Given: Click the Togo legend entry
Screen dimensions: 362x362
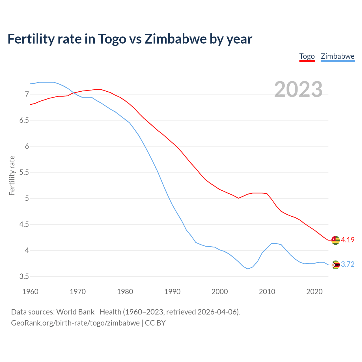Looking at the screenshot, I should coord(307,56).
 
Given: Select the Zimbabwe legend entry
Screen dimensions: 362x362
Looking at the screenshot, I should coord(337,56).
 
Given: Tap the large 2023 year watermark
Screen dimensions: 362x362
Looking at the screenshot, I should coord(298,89).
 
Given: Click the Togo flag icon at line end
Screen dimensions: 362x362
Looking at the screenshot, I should coord(335,240).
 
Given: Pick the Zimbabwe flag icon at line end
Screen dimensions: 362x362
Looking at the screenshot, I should coord(335,264).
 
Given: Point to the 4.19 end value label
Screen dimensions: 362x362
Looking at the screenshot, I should coord(348,240).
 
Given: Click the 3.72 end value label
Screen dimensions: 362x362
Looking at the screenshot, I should coord(348,264).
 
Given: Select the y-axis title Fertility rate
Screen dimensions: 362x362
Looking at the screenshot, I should coord(12,175).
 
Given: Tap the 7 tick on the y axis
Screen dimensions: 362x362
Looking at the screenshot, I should coord(27,94).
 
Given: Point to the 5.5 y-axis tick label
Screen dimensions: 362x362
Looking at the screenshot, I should coord(24,172).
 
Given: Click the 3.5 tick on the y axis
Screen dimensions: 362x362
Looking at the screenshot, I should coord(24,276).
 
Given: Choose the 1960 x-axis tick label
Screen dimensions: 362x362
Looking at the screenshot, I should coord(30,292).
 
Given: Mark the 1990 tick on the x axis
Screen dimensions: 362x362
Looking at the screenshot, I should coord(172,292).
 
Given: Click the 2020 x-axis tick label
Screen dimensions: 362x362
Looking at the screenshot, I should coord(314,292).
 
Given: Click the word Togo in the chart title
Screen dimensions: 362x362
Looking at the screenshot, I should coord(112,39).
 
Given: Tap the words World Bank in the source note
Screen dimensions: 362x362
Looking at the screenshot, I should coord(75,312).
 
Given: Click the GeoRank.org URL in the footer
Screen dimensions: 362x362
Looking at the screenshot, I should coord(75,323).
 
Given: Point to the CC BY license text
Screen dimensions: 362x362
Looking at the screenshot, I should coord(155,323).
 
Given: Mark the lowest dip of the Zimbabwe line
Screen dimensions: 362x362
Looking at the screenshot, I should coord(248,269).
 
